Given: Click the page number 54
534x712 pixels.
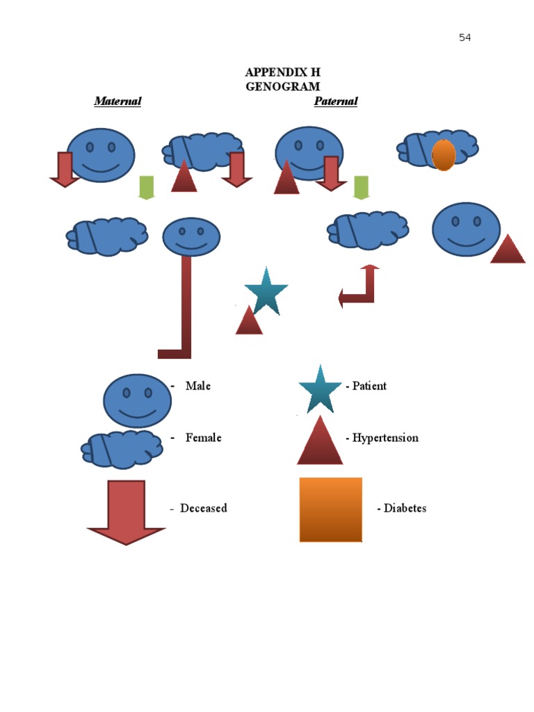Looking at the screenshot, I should click(464, 38).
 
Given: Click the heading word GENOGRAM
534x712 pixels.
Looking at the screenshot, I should click(282, 87).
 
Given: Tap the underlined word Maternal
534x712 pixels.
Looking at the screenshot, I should click(118, 102).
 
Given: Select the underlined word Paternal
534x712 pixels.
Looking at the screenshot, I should click(336, 102).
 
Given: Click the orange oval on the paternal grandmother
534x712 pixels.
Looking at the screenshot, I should click(444, 154).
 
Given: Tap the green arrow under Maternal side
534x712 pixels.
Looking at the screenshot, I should click(146, 187).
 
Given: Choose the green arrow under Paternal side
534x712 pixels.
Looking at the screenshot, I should click(360, 187).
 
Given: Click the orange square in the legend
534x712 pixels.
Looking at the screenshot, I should click(330, 509).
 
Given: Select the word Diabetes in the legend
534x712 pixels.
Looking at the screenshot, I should click(405, 508).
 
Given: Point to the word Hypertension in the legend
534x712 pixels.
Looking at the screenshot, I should click(385, 438).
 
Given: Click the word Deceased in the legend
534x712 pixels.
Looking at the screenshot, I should click(203, 508).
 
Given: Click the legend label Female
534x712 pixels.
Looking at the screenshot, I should click(203, 438).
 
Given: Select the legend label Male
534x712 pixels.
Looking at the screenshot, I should click(198, 386).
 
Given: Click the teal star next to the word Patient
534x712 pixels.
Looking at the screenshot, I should click(320, 389).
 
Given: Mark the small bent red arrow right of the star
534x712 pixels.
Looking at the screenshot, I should click(359, 286).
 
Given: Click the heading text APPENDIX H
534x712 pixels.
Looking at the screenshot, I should click(282, 73).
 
